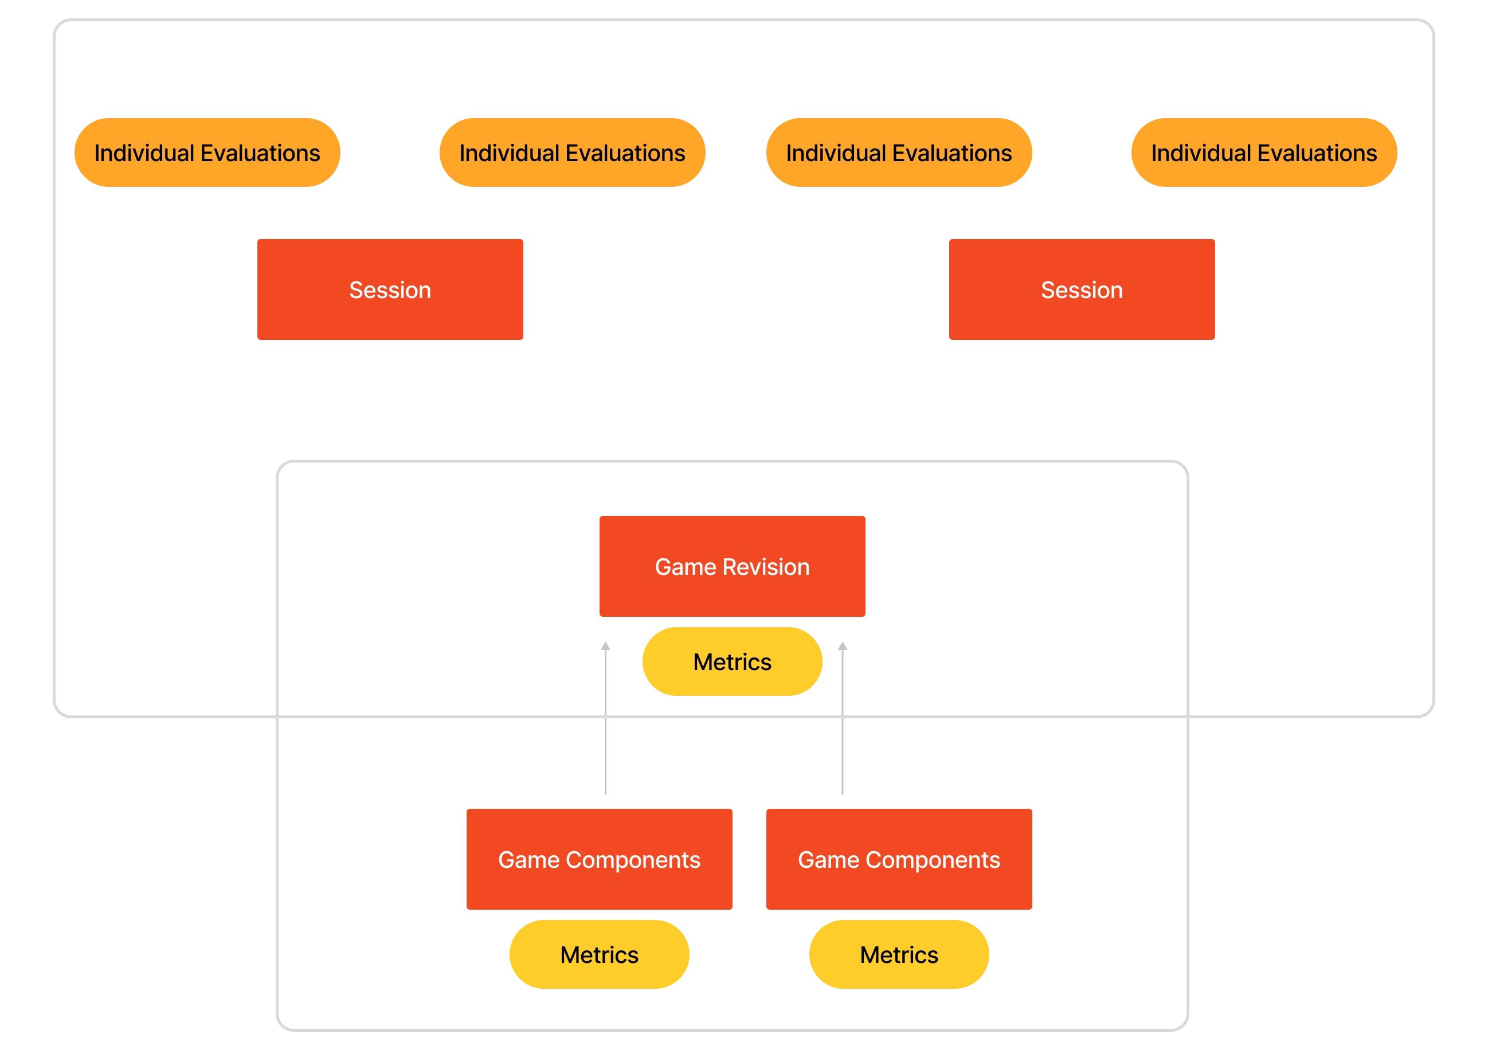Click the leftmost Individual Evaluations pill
(x=207, y=152)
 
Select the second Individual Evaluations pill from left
(x=572, y=152)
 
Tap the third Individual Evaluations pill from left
(x=899, y=152)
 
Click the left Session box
(x=390, y=290)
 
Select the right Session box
(x=1082, y=290)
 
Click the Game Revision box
(x=731, y=566)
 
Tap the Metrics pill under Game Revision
(x=732, y=661)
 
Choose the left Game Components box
(x=598, y=859)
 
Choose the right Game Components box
(x=899, y=859)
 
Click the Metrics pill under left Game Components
(x=599, y=954)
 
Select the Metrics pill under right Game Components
(x=899, y=954)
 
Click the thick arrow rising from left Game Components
(x=605, y=720)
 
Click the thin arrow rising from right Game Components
(x=841, y=720)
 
